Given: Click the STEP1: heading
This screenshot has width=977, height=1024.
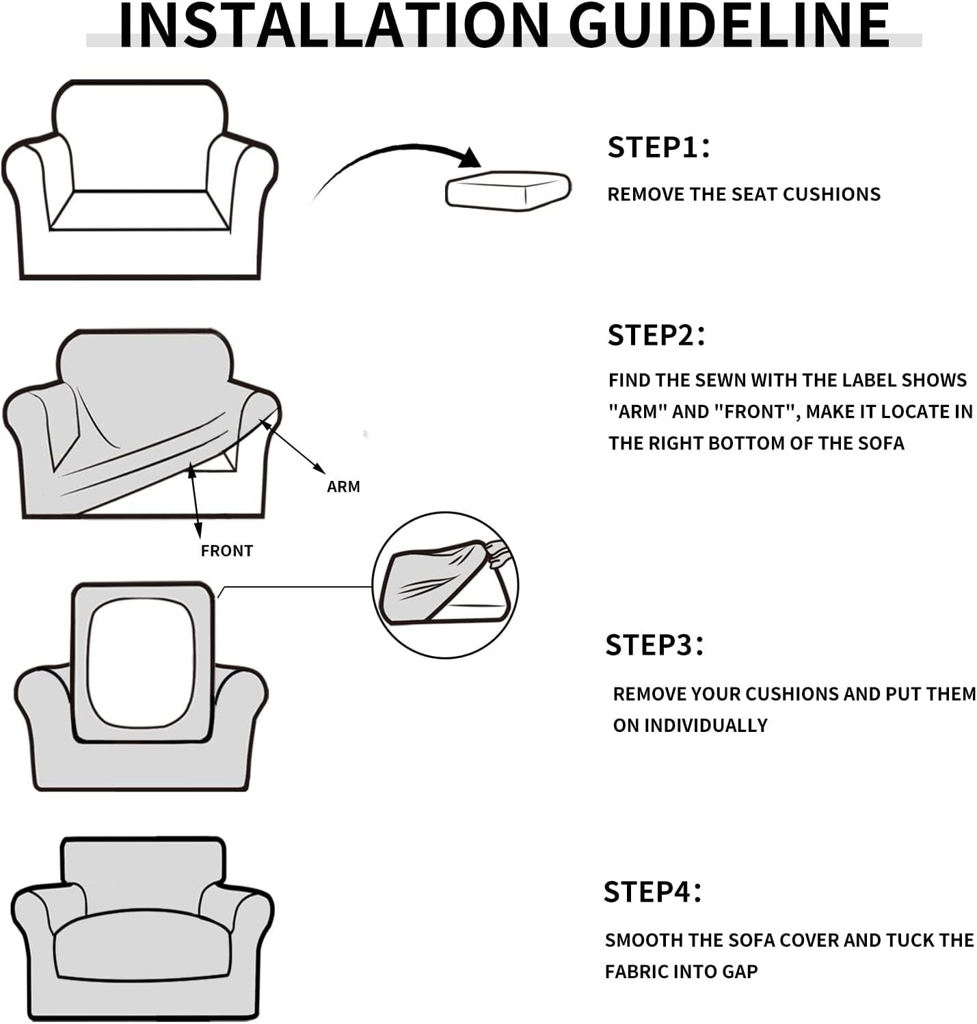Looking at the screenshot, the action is [x=658, y=147].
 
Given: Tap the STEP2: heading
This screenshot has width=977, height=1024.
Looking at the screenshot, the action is [x=656, y=335].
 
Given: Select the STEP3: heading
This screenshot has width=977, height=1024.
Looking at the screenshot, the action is [x=654, y=645].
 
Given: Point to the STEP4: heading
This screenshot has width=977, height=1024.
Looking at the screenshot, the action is [x=652, y=892].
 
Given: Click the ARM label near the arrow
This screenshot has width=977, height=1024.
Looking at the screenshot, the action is [x=343, y=486].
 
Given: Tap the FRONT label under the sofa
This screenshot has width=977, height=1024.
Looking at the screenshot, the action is [x=227, y=551].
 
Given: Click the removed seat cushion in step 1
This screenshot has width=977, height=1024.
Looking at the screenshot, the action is [x=508, y=191].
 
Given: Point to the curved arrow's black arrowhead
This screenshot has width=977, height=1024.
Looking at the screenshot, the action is [x=470, y=158].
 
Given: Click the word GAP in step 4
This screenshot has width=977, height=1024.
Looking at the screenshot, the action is [x=740, y=971].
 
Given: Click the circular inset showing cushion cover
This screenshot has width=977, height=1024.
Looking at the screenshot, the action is [x=445, y=585].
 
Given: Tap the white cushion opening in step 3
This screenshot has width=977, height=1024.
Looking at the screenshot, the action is [x=141, y=662].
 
